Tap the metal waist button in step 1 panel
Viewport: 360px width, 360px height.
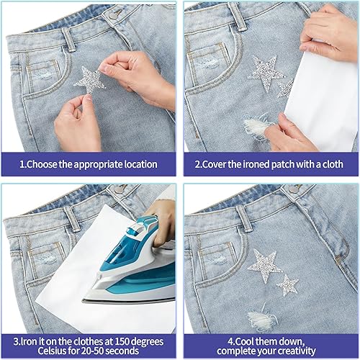pyautogui.click(x=113, y=16)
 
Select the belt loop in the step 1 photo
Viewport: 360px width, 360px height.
pyautogui.click(x=69, y=40)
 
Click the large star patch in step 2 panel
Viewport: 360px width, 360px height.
pyautogui.click(x=265, y=73)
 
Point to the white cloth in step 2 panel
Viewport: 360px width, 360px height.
pyautogui.click(x=322, y=101)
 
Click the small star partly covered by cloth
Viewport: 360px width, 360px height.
pyautogui.click(x=286, y=89)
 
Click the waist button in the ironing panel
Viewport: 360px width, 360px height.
pyautogui.click(x=119, y=189)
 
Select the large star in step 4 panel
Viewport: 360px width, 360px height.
pyautogui.click(x=265, y=266)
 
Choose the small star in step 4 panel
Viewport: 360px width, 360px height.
pyautogui.click(x=287, y=285)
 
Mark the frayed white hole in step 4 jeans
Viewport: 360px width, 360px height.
pyautogui.click(x=261, y=317)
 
